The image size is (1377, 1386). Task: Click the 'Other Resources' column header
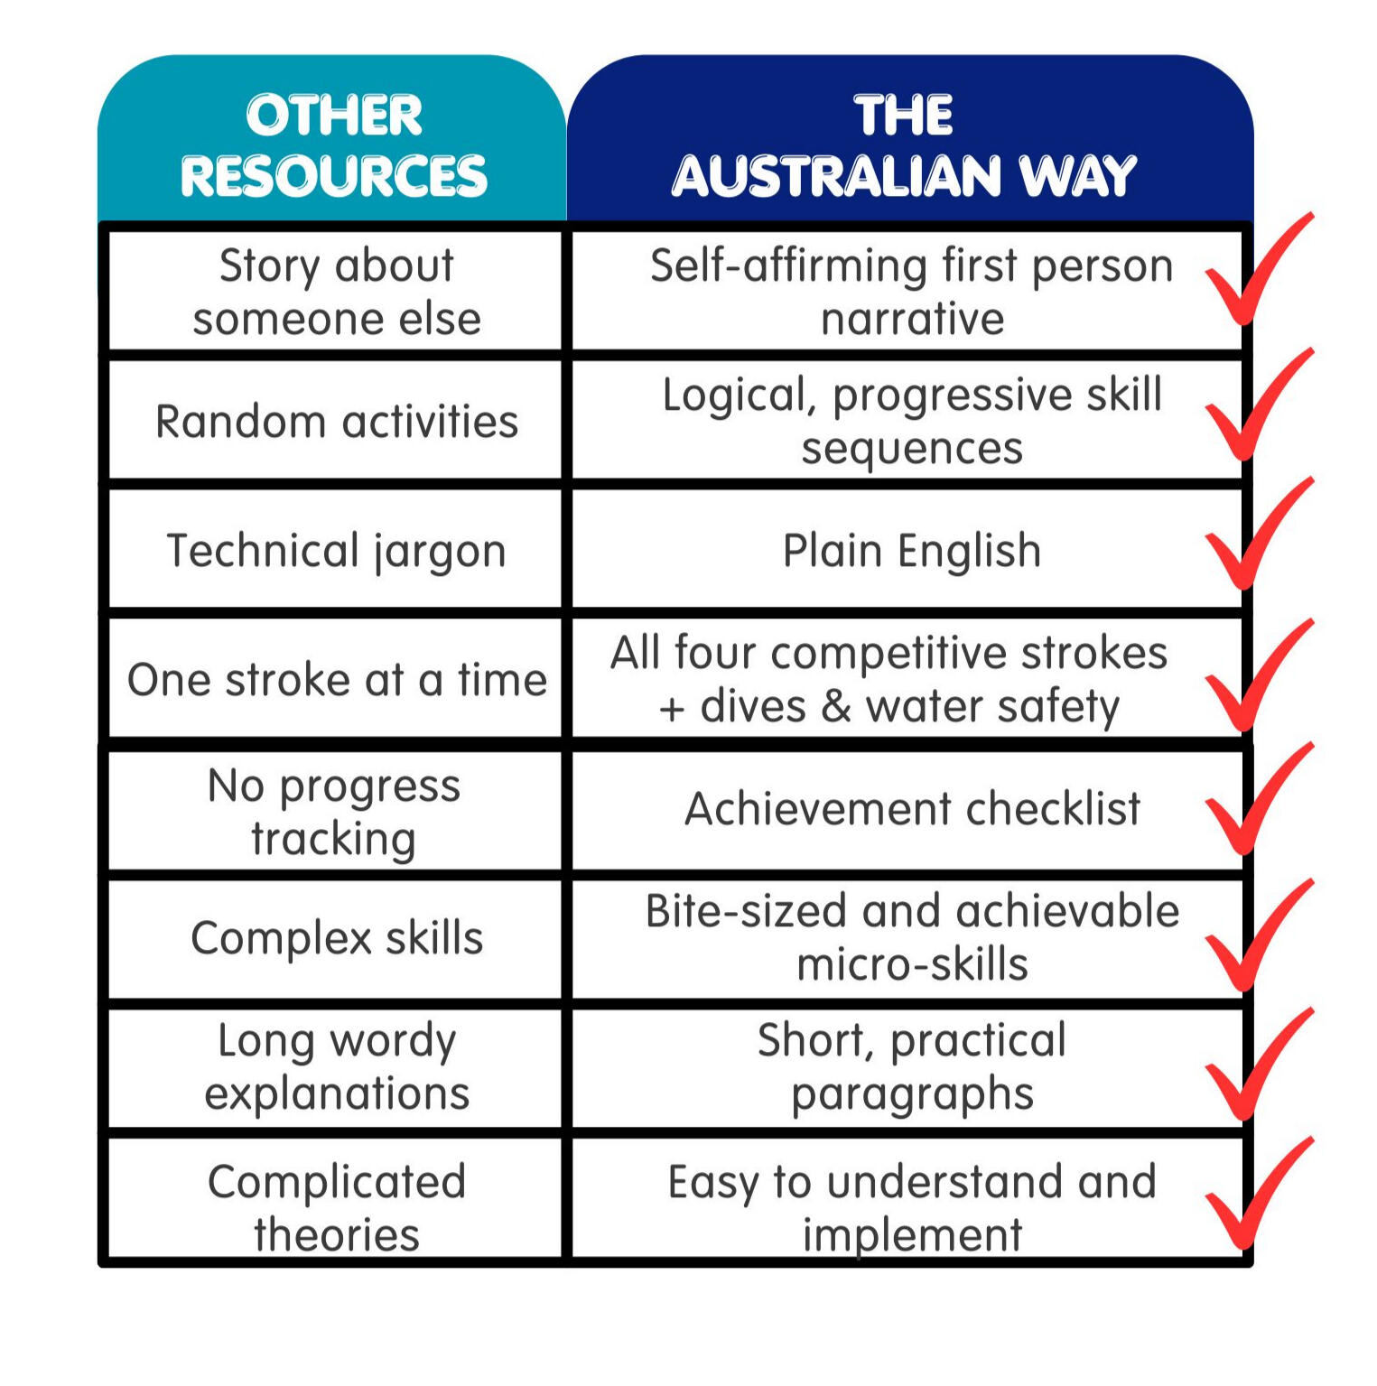tap(332, 138)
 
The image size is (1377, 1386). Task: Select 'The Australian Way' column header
tap(909, 138)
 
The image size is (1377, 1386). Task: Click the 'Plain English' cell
tap(907, 550)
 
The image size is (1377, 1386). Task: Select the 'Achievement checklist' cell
tap(907, 811)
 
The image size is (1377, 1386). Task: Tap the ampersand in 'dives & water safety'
tap(835, 706)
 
